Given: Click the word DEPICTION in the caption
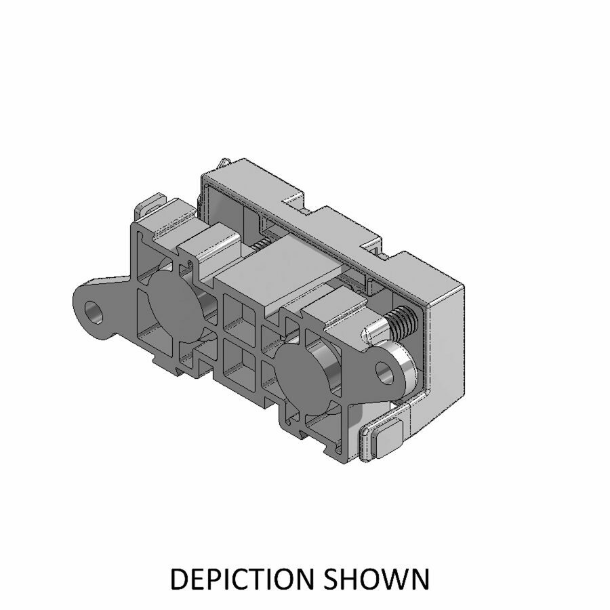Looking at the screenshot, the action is [241, 579].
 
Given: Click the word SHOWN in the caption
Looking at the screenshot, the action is [377, 579].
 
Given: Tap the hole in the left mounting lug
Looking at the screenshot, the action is [95, 312].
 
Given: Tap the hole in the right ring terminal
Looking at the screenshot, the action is [384, 371].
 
